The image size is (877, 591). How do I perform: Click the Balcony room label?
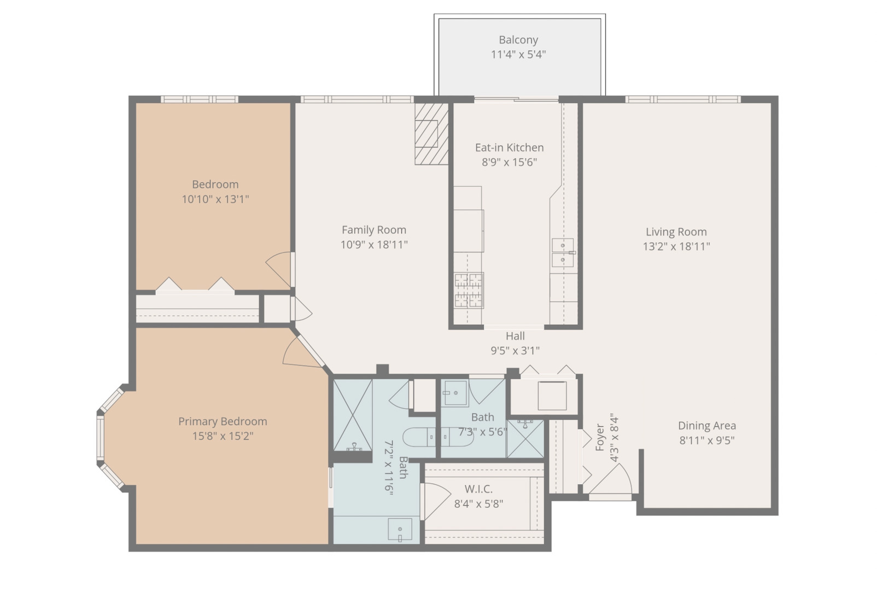[518, 40]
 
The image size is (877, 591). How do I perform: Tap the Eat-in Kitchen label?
[509, 148]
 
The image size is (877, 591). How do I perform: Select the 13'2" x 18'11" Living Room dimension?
[676, 246]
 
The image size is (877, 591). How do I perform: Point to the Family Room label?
[374, 230]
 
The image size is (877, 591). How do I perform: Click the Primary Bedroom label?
[223, 422]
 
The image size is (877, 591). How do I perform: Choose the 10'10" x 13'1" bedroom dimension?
[215, 199]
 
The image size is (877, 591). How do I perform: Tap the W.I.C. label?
[478, 489]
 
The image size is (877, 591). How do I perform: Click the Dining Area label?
[707, 426]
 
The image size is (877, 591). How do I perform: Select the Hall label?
[515, 336]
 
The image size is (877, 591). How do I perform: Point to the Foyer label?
[599, 437]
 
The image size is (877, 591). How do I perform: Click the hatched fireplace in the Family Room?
[431, 134]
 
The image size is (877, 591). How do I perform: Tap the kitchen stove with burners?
[469, 290]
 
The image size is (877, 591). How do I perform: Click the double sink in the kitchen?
[563, 253]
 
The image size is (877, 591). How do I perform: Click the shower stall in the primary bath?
[352, 415]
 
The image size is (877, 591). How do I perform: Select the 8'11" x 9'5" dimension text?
[707, 441]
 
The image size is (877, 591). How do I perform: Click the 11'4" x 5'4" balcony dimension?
[518, 55]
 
